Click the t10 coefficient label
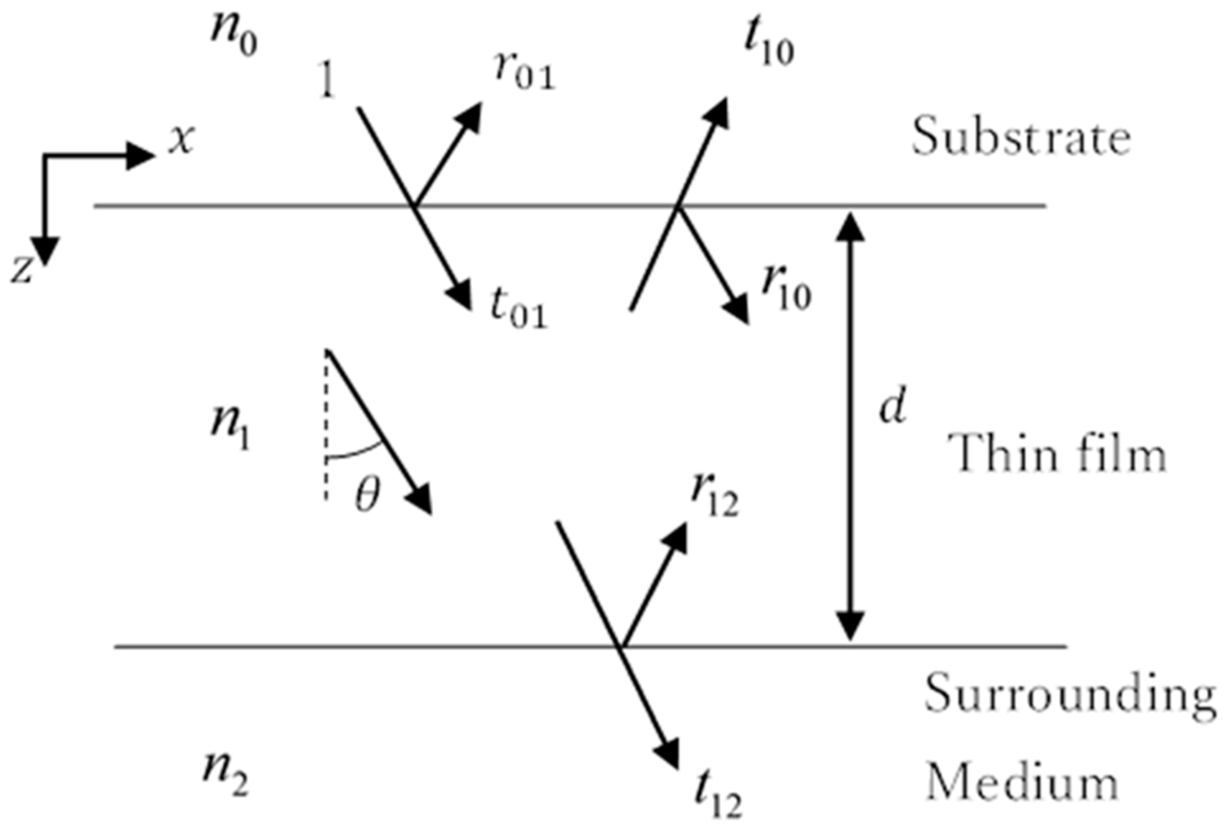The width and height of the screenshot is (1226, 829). pos(769,47)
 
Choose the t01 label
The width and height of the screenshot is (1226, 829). pos(519,312)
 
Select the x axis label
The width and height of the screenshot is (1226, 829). pos(182,139)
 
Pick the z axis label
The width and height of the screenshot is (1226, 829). pos(22,270)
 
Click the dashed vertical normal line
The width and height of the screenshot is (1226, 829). pos(326,430)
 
